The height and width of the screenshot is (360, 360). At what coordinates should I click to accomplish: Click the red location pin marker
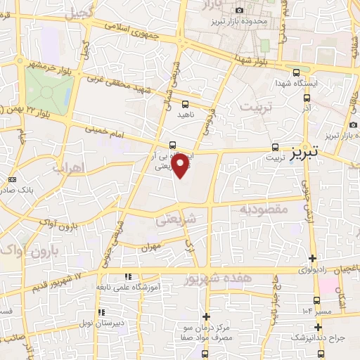[x=181, y=166]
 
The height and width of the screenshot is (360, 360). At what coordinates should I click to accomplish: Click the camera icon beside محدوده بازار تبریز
[x=240, y=11]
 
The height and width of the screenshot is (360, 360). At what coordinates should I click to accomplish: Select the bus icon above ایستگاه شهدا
[x=296, y=72]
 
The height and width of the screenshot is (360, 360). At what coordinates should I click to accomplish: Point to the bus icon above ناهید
[x=185, y=105]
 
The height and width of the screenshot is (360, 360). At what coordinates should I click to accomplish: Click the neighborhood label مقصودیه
[x=260, y=209]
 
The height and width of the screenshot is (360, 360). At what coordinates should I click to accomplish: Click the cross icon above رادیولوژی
[x=312, y=258]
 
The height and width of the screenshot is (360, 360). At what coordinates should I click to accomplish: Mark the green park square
[x=49, y=89]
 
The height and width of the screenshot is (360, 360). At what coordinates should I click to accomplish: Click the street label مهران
[x=152, y=247]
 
